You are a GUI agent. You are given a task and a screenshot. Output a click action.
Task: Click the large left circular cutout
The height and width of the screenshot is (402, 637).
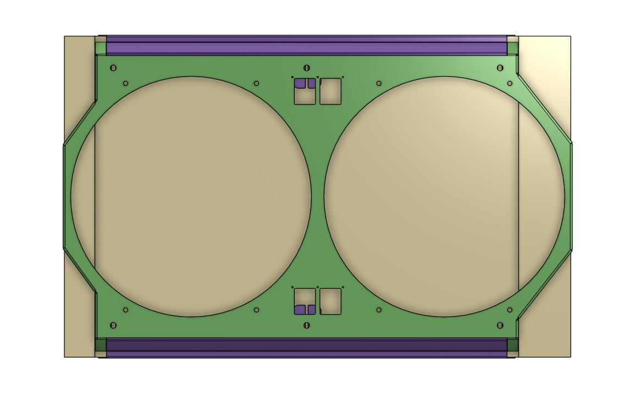191,196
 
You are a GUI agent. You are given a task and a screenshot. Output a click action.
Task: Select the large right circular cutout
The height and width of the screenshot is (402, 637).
444,196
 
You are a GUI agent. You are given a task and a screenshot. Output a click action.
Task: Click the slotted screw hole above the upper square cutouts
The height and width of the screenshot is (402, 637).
306,68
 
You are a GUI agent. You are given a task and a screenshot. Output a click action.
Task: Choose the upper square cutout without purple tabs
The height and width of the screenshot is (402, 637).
330,91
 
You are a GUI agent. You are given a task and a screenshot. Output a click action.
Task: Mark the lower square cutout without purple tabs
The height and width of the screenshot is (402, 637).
330,302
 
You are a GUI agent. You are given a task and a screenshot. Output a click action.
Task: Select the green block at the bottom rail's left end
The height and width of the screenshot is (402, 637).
101,345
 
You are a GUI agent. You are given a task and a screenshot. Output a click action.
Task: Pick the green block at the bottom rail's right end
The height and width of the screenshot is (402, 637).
512,345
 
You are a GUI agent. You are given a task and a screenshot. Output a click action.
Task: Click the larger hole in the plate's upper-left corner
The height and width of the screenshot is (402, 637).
114,68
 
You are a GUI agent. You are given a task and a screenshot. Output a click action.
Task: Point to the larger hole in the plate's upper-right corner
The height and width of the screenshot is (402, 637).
500,68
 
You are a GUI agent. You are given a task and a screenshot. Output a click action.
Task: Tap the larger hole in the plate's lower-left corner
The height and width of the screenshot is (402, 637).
114,325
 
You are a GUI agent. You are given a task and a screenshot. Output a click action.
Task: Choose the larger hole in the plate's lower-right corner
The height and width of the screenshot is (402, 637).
500,325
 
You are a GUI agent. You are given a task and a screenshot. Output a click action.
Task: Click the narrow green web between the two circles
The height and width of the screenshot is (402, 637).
318,196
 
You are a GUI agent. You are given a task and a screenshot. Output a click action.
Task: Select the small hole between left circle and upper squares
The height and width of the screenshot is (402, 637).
257,83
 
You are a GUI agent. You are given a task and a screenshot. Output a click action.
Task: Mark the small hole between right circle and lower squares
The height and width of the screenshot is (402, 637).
379,310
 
